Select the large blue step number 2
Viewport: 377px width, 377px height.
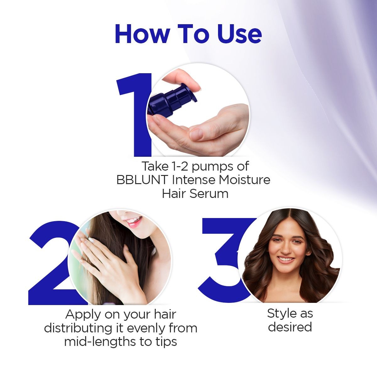[x=50, y=267]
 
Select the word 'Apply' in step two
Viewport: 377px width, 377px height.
[x=83, y=314]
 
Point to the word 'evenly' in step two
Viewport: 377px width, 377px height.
[x=141, y=328]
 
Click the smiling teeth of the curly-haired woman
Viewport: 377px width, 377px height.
[x=286, y=260]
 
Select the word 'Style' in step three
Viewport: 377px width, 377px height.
[x=281, y=313]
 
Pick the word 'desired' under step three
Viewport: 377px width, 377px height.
[x=290, y=327]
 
